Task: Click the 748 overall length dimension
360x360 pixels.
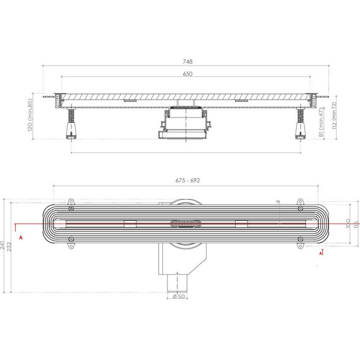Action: coord(188,62)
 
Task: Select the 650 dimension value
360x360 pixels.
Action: coord(188,74)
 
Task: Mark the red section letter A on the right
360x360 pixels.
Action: coord(322,253)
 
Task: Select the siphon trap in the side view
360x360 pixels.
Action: coord(183,125)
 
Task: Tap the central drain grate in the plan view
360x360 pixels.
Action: coord(185,222)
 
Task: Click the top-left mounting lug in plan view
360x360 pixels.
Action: coord(71,208)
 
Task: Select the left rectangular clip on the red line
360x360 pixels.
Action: coord(131,222)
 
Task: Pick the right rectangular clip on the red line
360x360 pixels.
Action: coord(241,222)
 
